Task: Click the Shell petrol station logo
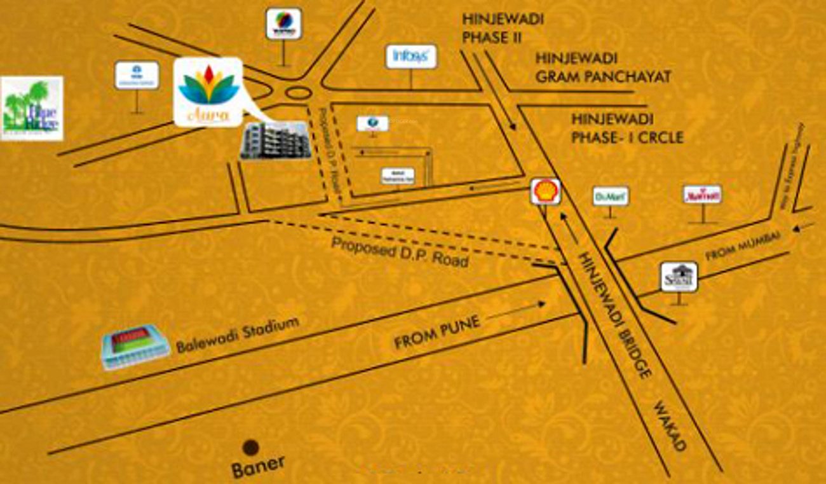[546, 191]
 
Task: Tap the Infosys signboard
[411, 57]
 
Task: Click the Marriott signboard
[702, 195]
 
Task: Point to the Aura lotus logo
[208, 90]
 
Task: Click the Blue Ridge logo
[32, 108]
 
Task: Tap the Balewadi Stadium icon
[135, 347]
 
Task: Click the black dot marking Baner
[252, 448]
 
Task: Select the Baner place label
[258, 466]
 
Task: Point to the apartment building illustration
[275, 141]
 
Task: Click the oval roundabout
[297, 93]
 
